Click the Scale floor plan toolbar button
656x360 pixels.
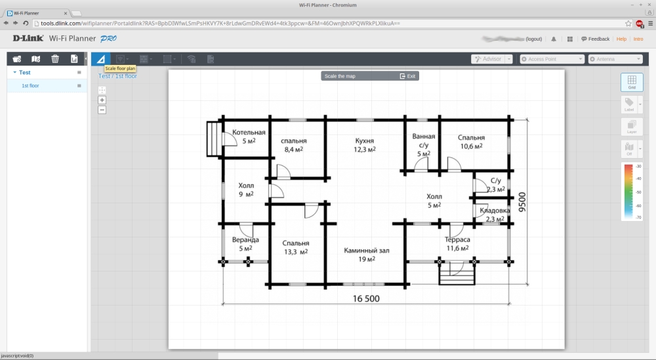click(100, 59)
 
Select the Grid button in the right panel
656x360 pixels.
click(632, 82)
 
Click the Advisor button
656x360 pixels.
click(488, 59)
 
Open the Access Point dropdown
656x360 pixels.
click(552, 59)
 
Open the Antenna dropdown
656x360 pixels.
click(615, 59)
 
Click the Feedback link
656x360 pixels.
click(598, 39)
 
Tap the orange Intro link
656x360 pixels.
click(638, 39)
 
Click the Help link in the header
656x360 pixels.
click(621, 39)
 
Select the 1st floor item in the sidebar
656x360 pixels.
click(30, 86)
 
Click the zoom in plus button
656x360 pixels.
click(102, 100)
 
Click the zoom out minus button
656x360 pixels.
click(102, 110)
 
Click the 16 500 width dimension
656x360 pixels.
click(366, 298)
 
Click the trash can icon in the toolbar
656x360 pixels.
click(55, 59)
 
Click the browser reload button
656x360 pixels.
click(26, 23)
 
